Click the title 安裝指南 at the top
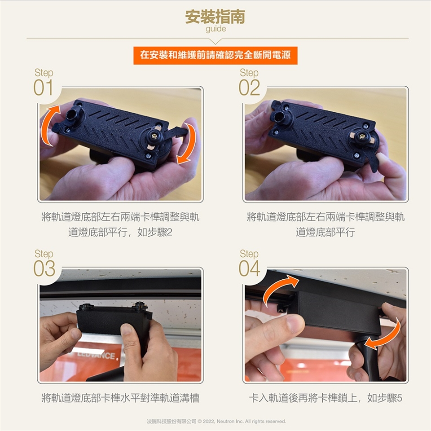pos(215,17)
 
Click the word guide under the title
pos(216,29)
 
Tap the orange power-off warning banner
pos(215,55)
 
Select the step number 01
pos(43,88)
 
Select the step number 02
pos(249,88)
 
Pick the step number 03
pos(44,268)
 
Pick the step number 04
pos(249,268)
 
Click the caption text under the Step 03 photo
pos(120,398)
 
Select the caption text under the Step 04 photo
pos(325,398)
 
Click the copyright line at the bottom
pos(216,422)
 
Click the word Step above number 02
pos(249,73)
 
